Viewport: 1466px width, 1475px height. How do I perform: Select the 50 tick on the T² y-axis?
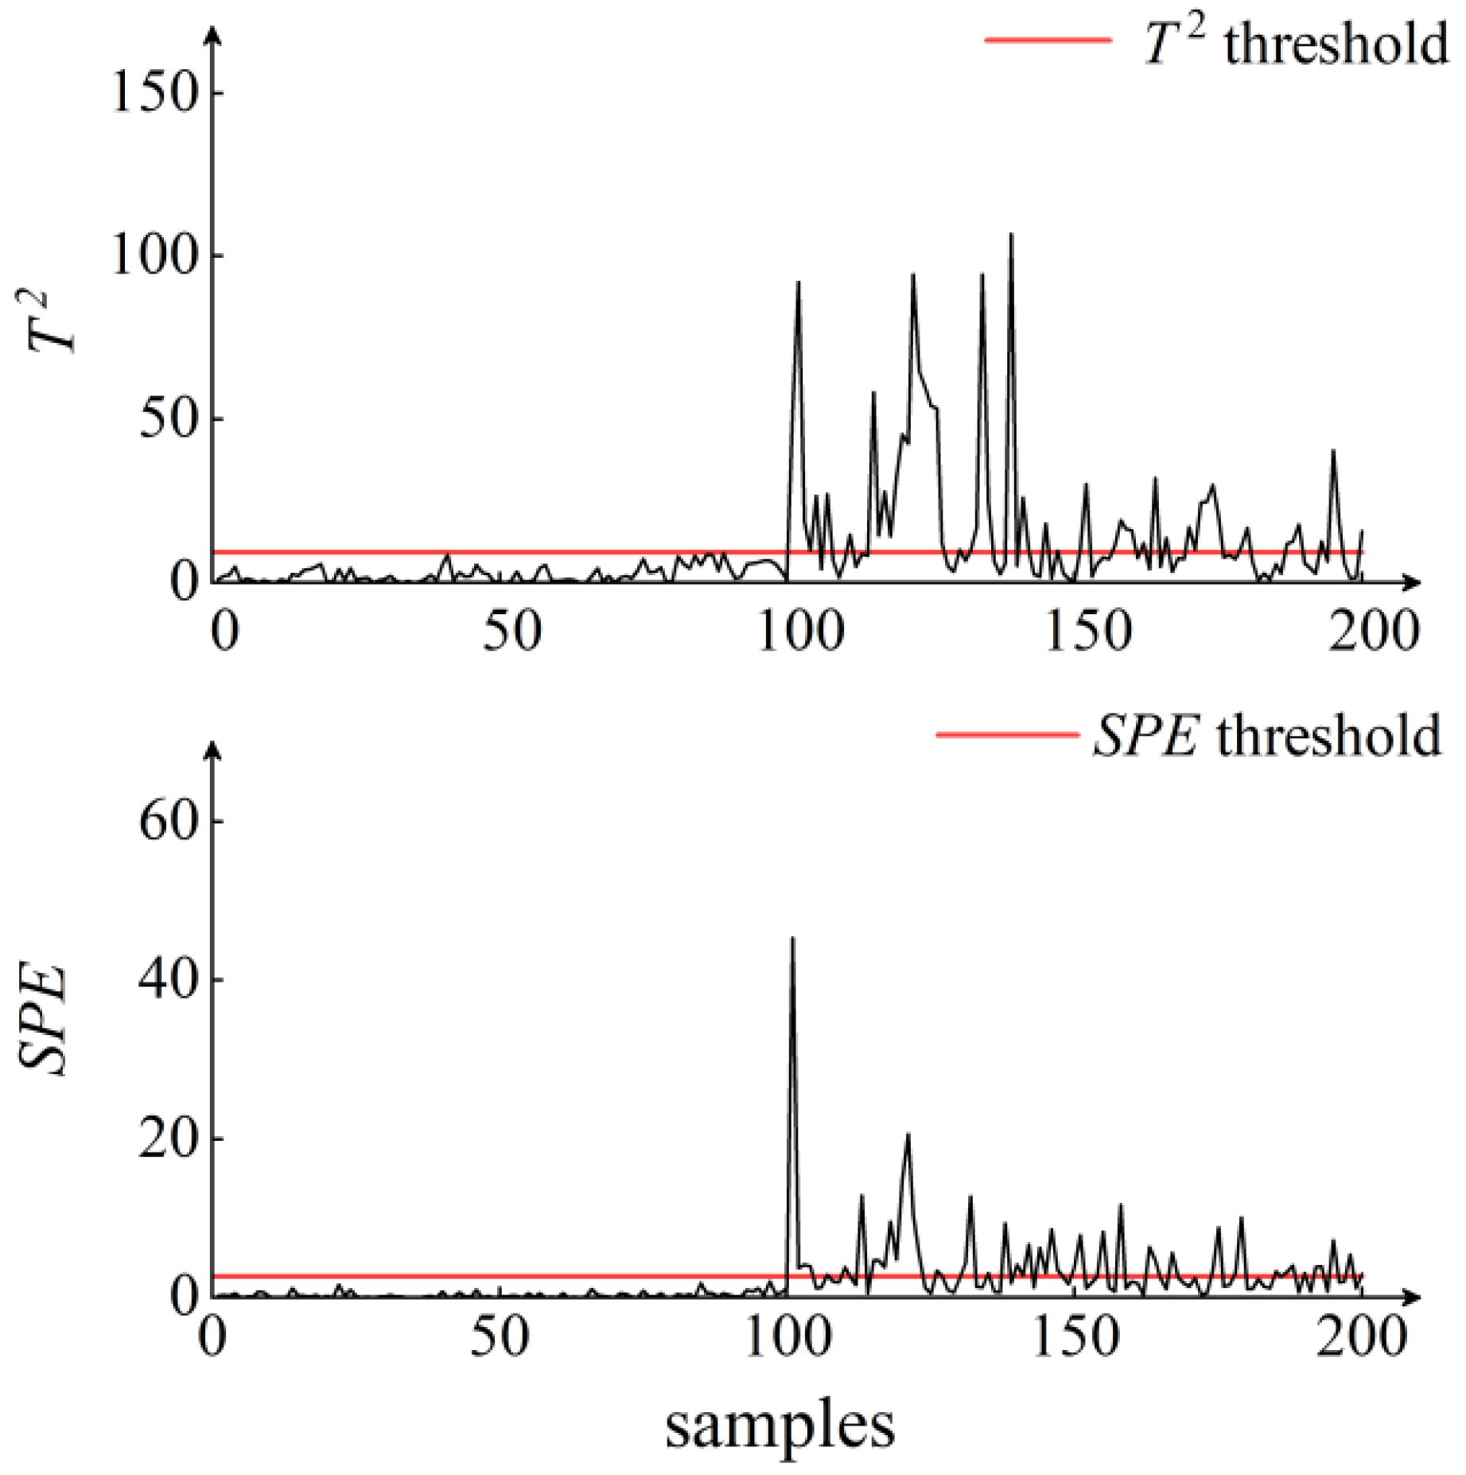[169, 419]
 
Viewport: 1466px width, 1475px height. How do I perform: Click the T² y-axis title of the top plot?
[49, 321]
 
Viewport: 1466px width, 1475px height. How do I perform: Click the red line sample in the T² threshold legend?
[1048, 40]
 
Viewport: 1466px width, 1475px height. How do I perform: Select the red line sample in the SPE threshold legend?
[1006, 734]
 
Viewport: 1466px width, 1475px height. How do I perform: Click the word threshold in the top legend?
[1336, 44]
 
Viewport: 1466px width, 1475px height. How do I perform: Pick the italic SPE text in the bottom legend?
[1145, 736]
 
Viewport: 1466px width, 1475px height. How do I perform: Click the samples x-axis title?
[780, 1426]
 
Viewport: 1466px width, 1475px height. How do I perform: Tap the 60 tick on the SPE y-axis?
[169, 820]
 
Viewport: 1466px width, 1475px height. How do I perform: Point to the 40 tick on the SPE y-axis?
[169, 979]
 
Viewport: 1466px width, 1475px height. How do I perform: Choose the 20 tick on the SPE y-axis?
[169, 1138]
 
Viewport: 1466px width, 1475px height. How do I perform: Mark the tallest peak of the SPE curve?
[792, 940]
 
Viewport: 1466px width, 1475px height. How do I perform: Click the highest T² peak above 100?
[1011, 235]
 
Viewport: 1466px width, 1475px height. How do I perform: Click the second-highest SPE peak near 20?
[908, 1134]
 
